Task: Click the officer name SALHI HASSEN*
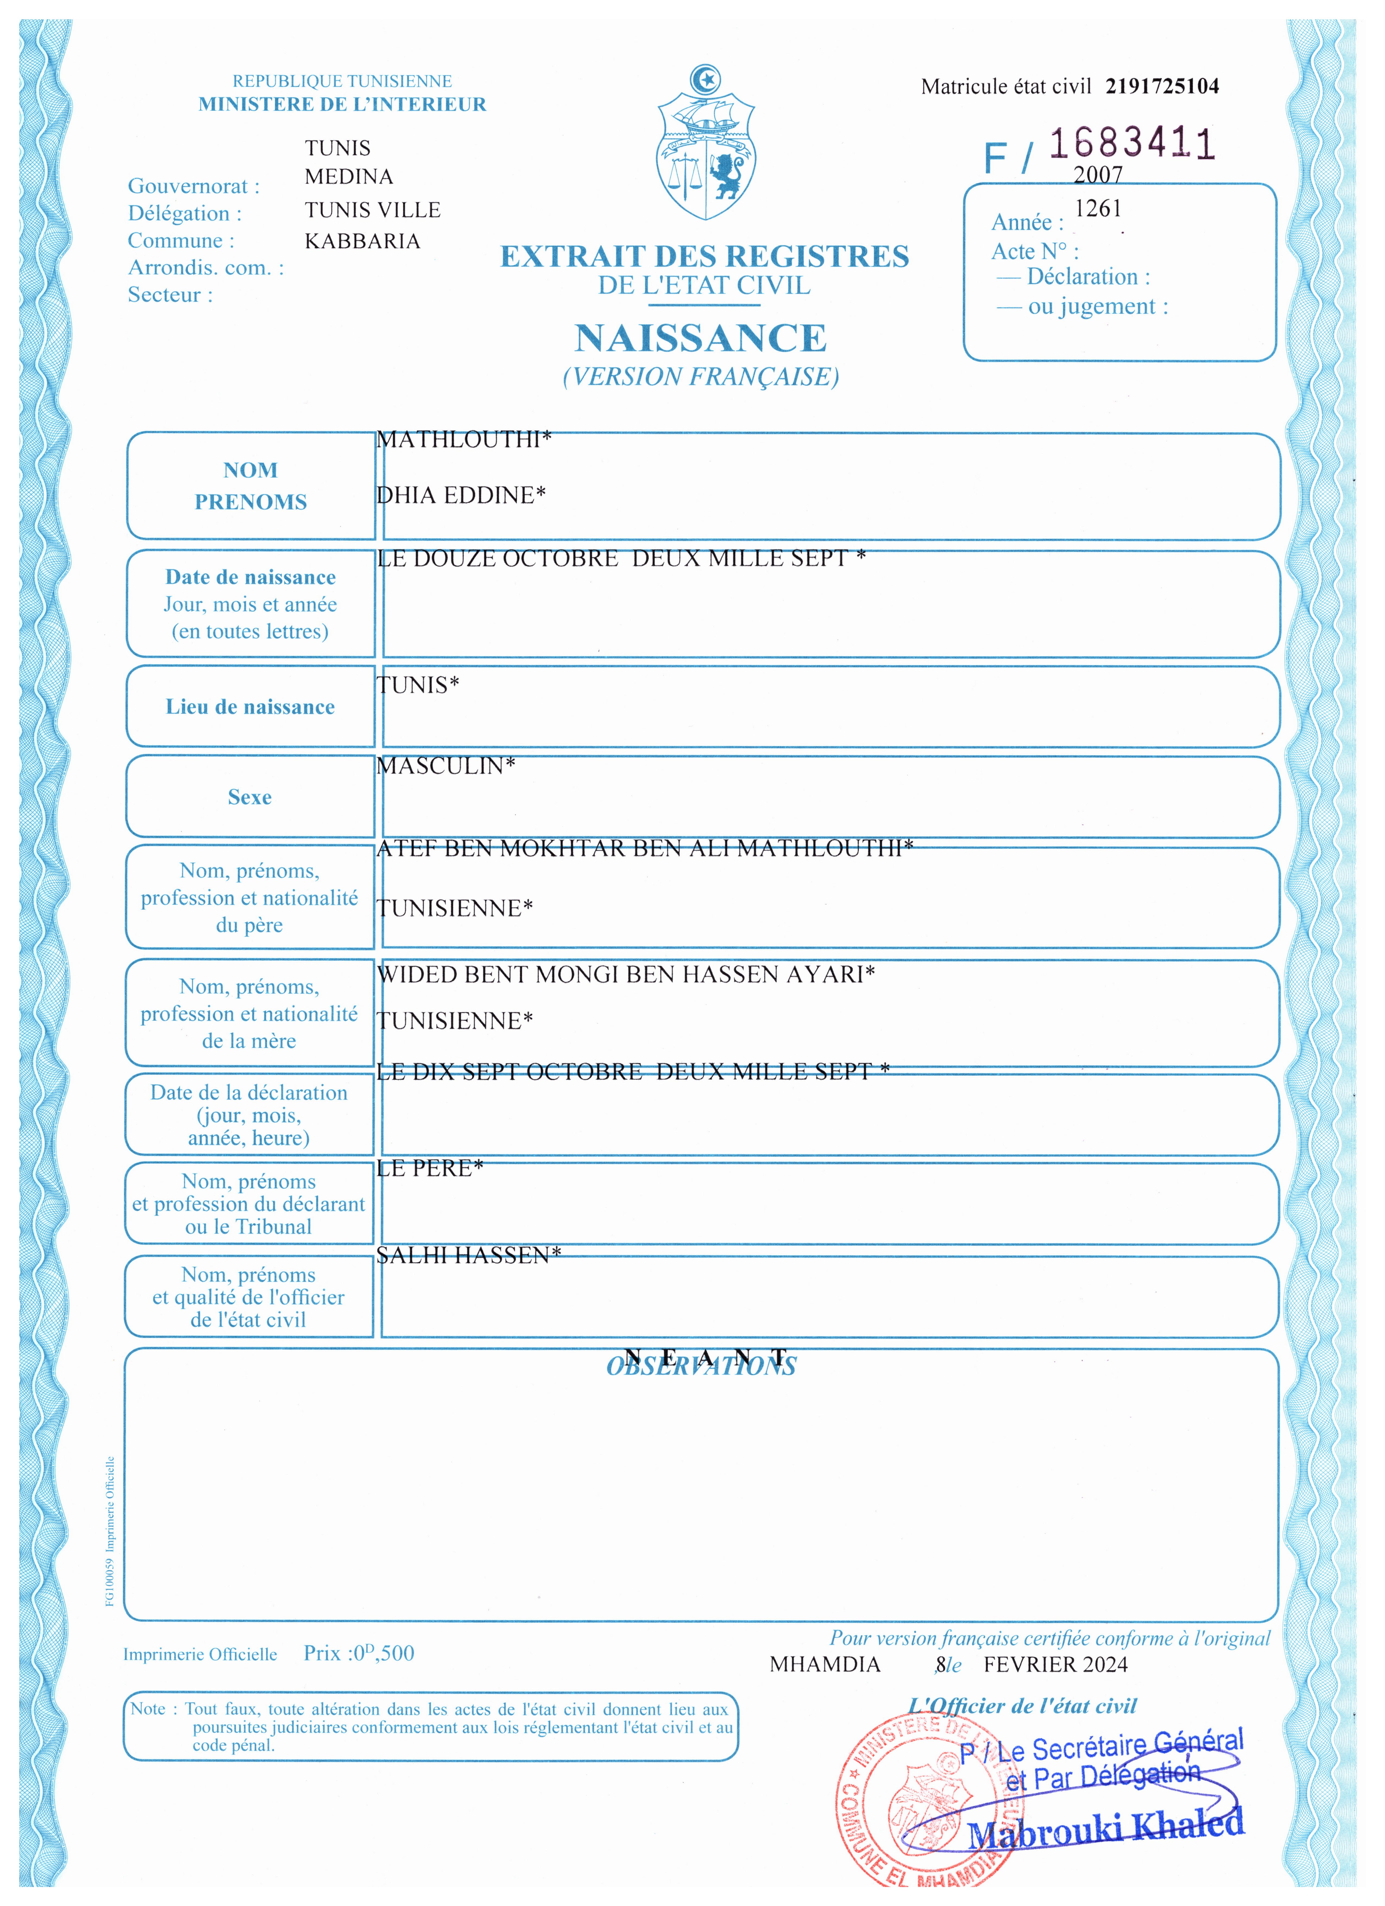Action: pos(468,1255)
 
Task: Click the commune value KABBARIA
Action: pos(362,241)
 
